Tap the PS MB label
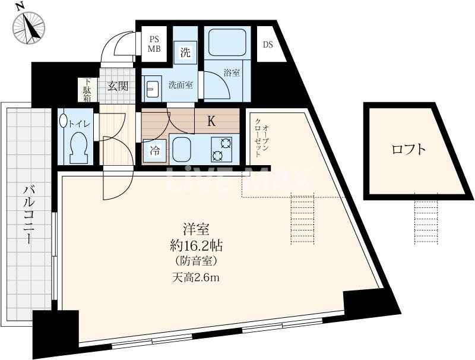154,44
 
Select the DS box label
268,45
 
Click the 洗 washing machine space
185,52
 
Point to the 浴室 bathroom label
232,73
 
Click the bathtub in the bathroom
231,43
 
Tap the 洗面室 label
180,85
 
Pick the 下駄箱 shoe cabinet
87,91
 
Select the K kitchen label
211,122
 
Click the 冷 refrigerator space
154,151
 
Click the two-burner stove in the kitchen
221,150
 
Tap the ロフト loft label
408,149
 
